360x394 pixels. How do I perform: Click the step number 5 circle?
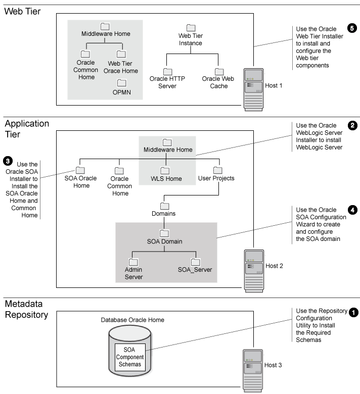click(x=352, y=28)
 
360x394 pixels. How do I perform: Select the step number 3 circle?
click(x=8, y=161)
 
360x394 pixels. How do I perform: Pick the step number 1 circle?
click(x=353, y=312)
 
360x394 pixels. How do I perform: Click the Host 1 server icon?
click(x=253, y=85)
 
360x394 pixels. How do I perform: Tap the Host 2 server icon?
click(x=253, y=271)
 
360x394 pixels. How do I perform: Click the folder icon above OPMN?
click(x=121, y=83)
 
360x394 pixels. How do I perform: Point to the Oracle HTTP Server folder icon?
click(x=168, y=72)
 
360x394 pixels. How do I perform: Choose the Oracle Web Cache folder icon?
click(x=219, y=72)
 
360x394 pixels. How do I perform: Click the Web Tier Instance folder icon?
click(x=191, y=28)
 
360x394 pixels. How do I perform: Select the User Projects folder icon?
click(x=217, y=170)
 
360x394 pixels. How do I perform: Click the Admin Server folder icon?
click(x=133, y=262)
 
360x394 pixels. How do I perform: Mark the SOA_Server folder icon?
click(x=196, y=262)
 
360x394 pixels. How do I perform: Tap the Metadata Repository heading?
click(x=27, y=310)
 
